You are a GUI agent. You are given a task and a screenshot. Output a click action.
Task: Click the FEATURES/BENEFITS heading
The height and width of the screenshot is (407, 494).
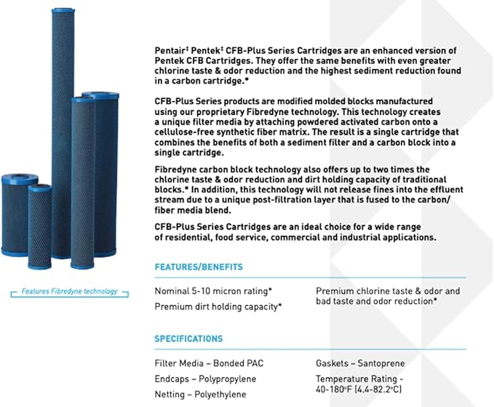point(198,267)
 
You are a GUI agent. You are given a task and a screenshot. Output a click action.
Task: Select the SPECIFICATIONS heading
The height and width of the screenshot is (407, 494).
point(188,339)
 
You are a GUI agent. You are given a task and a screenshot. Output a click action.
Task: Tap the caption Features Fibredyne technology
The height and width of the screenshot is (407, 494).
point(69,291)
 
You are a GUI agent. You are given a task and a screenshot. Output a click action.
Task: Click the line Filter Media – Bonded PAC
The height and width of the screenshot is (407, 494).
point(205,363)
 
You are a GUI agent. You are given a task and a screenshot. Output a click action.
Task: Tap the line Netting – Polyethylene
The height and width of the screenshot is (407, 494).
point(200,395)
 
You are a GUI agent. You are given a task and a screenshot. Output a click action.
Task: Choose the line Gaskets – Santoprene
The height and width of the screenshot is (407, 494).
point(360,363)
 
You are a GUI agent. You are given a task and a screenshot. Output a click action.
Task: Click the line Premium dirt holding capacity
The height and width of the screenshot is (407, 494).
point(218,307)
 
